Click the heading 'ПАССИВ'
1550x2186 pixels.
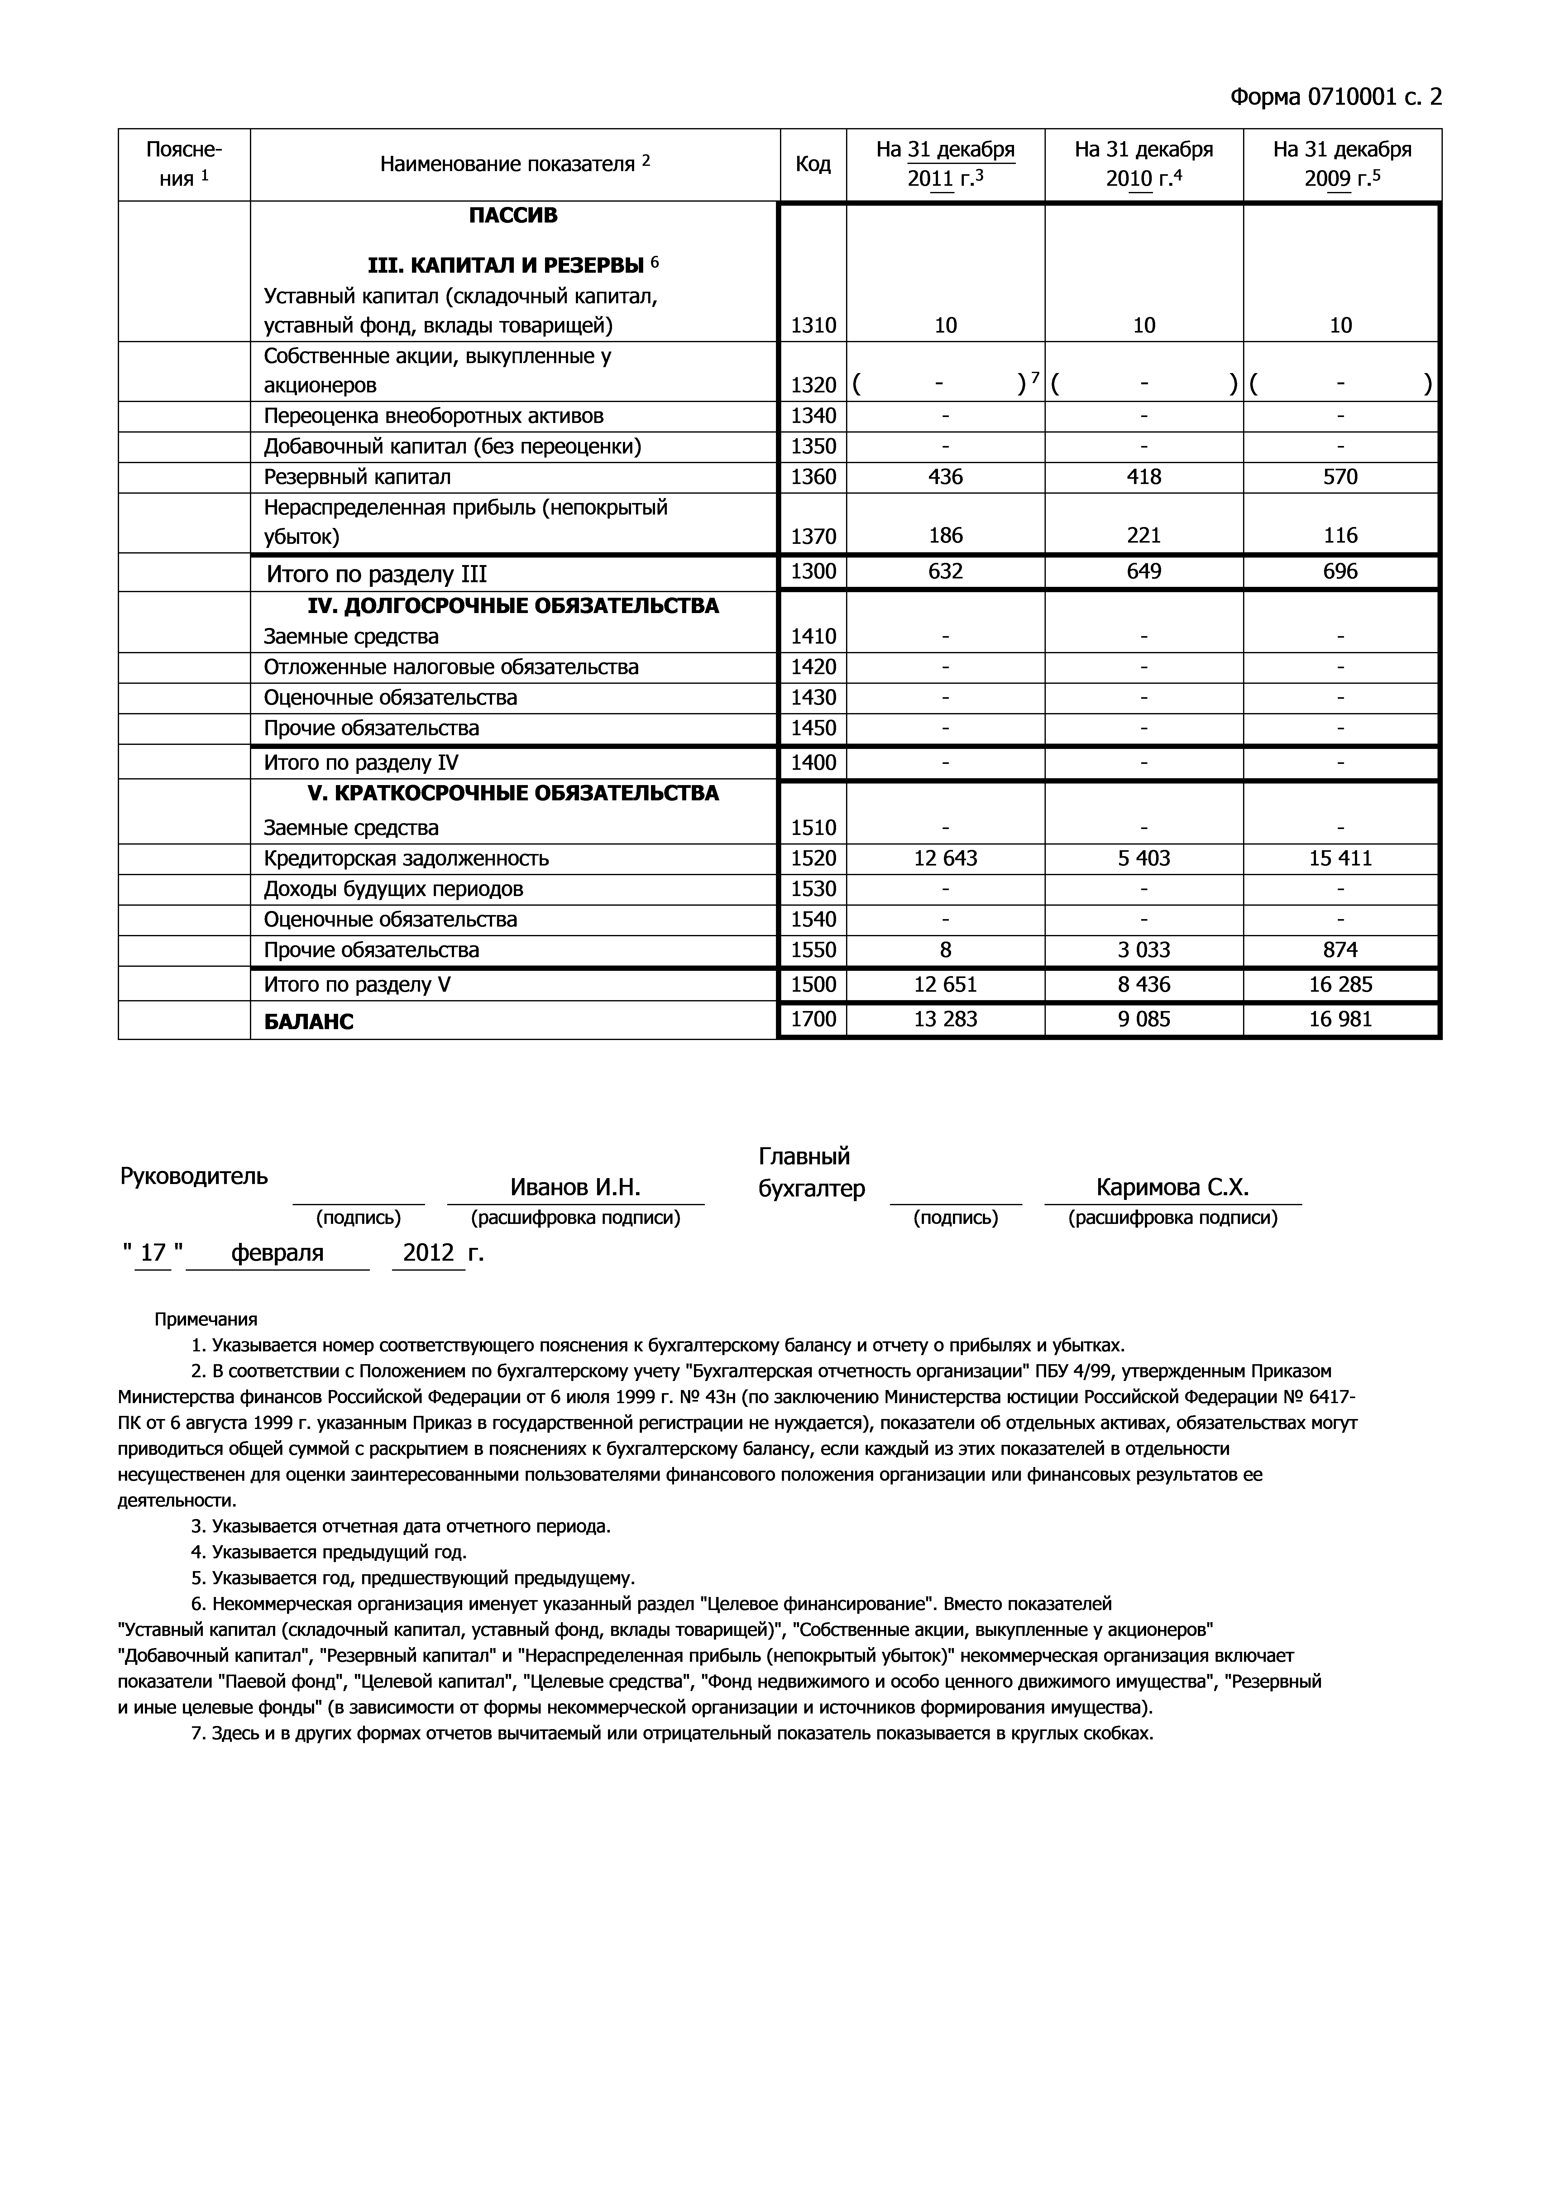click(x=514, y=216)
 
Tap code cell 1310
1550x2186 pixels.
click(x=813, y=325)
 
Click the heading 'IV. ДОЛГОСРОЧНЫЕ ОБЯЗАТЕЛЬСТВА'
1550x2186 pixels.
click(x=514, y=606)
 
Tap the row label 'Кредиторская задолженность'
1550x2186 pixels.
click(x=407, y=858)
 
